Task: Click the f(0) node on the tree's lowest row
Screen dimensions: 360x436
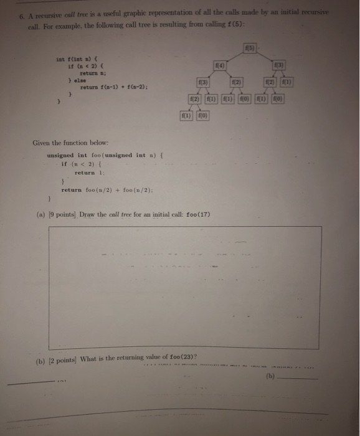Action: click(203, 116)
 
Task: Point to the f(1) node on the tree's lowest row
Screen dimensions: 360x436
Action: click(186, 116)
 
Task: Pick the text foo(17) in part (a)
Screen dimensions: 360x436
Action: click(196, 215)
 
